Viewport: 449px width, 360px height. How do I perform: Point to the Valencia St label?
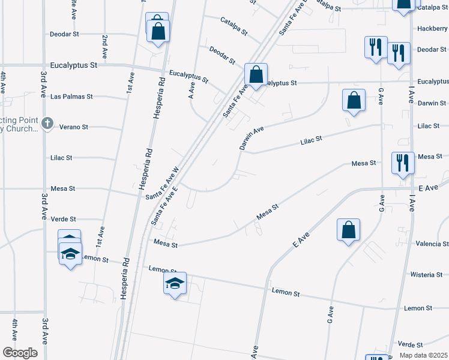(x=432, y=244)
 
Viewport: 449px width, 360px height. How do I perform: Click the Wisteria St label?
(x=426, y=275)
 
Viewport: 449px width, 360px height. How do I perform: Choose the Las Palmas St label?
(x=72, y=96)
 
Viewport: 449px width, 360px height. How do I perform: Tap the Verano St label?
(x=74, y=127)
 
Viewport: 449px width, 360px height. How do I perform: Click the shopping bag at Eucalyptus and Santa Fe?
(x=256, y=76)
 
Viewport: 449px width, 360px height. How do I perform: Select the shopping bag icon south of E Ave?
(x=349, y=230)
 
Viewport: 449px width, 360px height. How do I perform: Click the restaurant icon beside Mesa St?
(x=401, y=162)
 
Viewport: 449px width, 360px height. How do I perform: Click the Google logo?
(x=20, y=353)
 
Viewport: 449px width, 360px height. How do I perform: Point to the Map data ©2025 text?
(x=423, y=355)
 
